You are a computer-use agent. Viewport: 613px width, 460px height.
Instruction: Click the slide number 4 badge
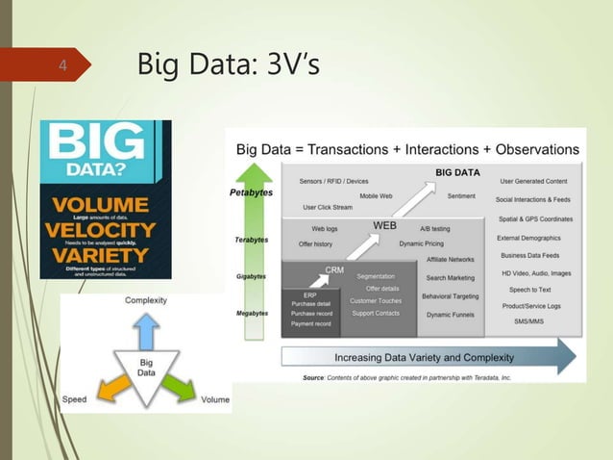pos(63,66)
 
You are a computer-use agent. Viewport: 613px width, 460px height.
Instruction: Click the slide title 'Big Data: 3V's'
pos(230,66)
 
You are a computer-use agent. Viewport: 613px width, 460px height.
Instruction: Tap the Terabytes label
pos(252,240)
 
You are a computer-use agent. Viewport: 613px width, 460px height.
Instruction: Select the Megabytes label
pos(252,314)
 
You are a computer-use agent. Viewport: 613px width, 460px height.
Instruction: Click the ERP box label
pos(310,294)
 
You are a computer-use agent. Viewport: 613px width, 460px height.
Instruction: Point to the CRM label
pos(334,270)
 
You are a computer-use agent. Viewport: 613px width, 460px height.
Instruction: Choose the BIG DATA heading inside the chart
pos(457,173)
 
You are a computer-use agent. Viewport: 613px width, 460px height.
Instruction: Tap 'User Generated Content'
pos(533,181)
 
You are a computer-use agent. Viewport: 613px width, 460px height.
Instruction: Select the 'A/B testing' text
pos(434,229)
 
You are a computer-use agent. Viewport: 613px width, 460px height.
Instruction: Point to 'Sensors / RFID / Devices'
pos(333,181)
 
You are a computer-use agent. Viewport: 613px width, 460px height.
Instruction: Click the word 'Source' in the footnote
pos(314,378)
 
